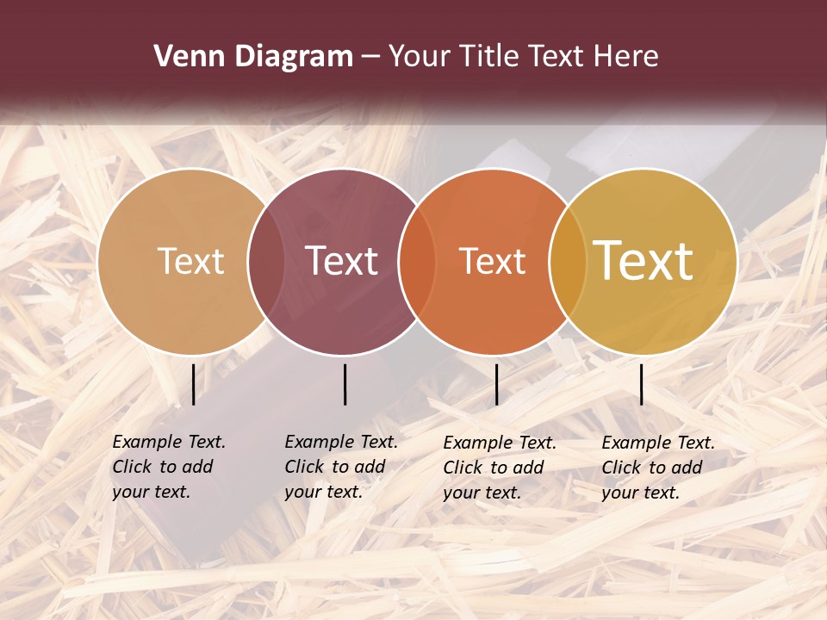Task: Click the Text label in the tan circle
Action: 191,261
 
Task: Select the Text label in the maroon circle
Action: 342,261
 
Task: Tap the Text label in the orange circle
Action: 493,261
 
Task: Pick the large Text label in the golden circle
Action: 644,261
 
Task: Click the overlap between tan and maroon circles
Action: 266,261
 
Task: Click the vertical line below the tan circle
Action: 193,384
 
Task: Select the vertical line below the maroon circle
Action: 345,384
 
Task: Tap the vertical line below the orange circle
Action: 496,384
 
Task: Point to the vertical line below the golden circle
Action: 642,384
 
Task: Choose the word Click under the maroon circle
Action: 304,467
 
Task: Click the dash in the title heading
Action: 370,58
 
